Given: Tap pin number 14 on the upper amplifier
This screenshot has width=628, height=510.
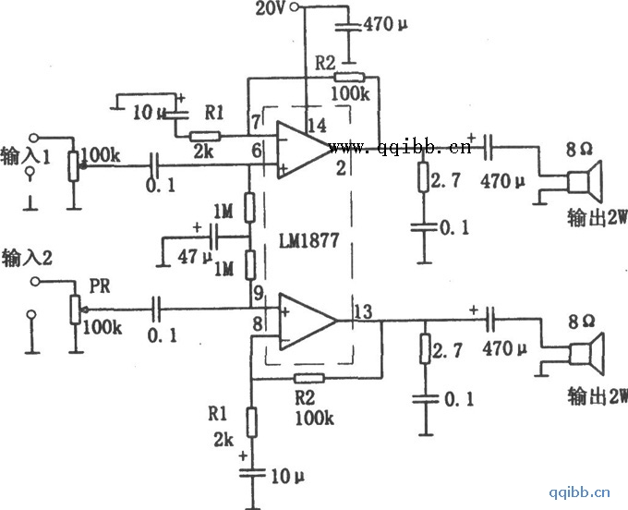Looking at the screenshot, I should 316,126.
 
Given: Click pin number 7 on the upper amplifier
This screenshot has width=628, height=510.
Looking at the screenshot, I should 254,123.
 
